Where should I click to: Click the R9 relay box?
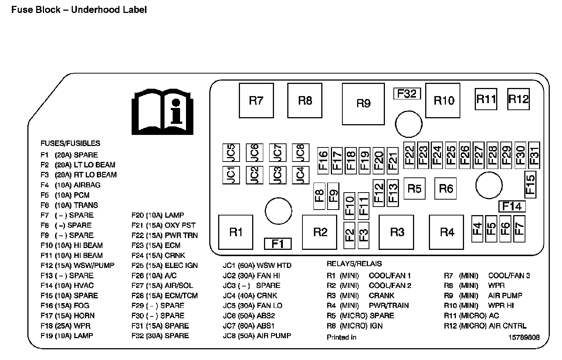pyautogui.click(x=363, y=104)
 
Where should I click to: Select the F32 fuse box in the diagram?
pyautogui.click(x=407, y=94)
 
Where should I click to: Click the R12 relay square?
pyautogui.click(x=518, y=99)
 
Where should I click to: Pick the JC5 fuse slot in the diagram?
pyautogui.click(x=231, y=152)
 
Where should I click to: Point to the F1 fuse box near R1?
pyautogui.click(x=278, y=244)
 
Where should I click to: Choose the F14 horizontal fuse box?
pyautogui.click(x=512, y=206)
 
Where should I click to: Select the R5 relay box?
pyautogui.click(x=414, y=189)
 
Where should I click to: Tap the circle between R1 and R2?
pyautogui.click(x=278, y=211)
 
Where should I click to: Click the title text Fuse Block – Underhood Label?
pyautogui.click(x=79, y=10)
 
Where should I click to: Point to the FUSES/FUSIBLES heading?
pyautogui.click(x=70, y=143)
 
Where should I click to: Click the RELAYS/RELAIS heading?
pyautogui.click(x=354, y=264)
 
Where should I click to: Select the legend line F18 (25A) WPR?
pyautogui.click(x=65, y=326)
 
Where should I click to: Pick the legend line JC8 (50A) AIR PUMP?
pyautogui.click(x=257, y=336)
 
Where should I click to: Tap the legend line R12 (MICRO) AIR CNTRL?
pyautogui.click(x=485, y=326)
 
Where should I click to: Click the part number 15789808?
pyautogui.click(x=524, y=337)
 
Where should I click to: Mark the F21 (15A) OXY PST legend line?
pyautogui.click(x=163, y=225)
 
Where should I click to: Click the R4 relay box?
pyautogui.click(x=447, y=232)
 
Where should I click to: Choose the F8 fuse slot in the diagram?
pyautogui.click(x=319, y=194)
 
